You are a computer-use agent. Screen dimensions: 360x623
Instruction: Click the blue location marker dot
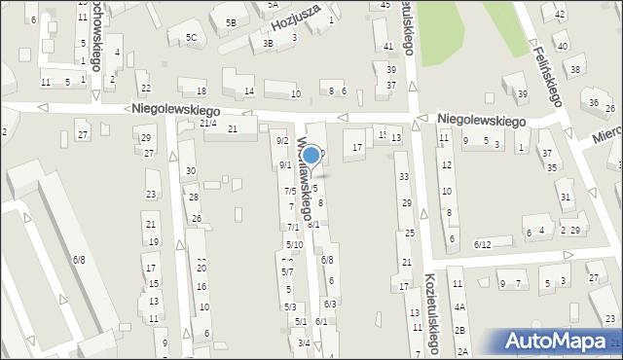click(311, 155)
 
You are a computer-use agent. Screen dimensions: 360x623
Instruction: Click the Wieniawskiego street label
click(305, 191)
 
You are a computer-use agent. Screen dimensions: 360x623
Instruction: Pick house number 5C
click(191, 38)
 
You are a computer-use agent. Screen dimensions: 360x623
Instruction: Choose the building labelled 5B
click(231, 22)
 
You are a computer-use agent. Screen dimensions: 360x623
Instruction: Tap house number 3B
click(268, 43)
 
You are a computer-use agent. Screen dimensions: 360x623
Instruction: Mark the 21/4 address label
click(207, 124)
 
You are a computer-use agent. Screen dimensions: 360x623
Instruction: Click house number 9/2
click(282, 141)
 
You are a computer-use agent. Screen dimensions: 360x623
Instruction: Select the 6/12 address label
click(483, 244)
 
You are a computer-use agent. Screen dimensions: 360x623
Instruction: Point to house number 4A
click(459, 306)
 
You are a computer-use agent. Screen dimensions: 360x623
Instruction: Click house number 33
click(404, 176)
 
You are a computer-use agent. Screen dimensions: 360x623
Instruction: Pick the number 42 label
click(559, 15)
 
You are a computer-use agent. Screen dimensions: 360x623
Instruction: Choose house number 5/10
click(294, 244)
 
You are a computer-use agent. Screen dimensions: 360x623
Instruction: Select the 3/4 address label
click(304, 342)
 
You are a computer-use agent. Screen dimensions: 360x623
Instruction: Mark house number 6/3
click(330, 305)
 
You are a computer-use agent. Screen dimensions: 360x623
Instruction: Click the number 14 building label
click(249, 91)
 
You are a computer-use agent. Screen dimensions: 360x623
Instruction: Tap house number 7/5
click(289, 191)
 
